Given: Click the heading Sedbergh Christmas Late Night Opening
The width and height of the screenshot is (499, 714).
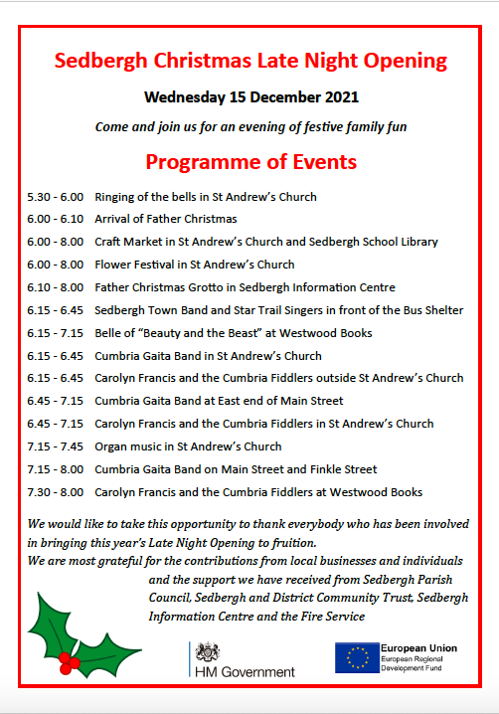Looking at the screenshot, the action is click(x=250, y=61).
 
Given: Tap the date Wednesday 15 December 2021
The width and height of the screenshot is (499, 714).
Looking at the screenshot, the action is click(x=250, y=97).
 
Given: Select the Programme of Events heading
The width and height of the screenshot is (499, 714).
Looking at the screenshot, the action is click(x=250, y=161).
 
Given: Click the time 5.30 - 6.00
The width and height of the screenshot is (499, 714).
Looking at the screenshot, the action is click(x=55, y=197).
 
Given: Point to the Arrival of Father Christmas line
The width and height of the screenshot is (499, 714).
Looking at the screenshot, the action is click(x=166, y=219).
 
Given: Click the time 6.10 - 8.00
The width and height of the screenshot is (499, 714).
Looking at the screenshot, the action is click(x=55, y=287).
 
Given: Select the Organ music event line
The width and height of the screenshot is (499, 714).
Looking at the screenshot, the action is click(x=188, y=446).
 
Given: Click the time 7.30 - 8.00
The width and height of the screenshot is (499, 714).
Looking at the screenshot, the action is click(x=55, y=492).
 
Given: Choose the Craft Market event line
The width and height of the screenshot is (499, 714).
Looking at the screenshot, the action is click(x=266, y=242).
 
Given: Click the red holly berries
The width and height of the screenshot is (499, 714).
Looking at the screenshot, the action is click(x=69, y=658).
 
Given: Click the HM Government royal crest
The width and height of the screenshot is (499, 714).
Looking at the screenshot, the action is click(x=209, y=652).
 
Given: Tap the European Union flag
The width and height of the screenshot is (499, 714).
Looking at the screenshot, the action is click(x=355, y=658).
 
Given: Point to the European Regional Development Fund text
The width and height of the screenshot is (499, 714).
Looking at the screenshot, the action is click(x=418, y=666).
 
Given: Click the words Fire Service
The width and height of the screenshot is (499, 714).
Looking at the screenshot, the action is click(x=330, y=617).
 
